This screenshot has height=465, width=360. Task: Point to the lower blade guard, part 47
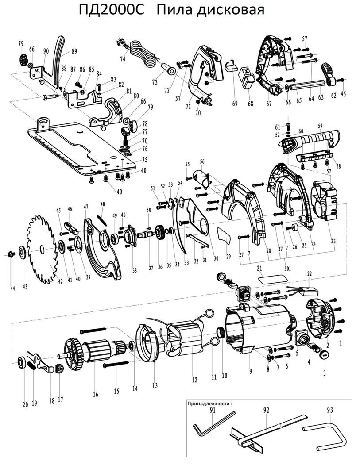click(100, 252)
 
